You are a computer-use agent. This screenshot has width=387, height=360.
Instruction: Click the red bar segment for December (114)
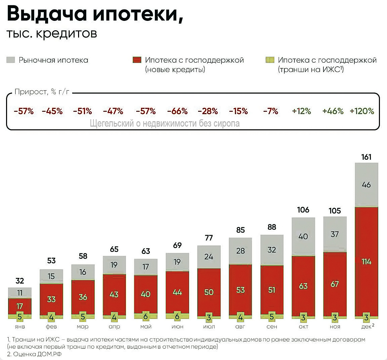pyautogui.click(x=366, y=261)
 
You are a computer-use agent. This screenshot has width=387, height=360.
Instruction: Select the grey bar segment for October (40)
pyautogui.click(x=303, y=236)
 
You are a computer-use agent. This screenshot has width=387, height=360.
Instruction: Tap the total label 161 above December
pyautogui.click(x=366, y=157)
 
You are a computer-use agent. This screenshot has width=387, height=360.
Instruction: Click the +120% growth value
pyautogui.click(x=362, y=111)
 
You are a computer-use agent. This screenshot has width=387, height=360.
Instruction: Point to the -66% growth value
pyautogui.click(x=177, y=111)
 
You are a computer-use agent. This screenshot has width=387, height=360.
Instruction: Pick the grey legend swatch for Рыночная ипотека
pyautogui.click(x=11, y=60)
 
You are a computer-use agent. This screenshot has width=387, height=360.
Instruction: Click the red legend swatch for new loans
pyautogui.click(x=137, y=60)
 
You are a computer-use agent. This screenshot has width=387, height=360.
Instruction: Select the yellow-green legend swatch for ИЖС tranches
pyautogui.click(x=270, y=60)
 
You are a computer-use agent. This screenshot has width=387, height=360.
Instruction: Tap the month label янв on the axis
pyautogui.click(x=20, y=327)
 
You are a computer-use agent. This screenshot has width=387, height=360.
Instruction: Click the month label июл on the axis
pyautogui.click(x=209, y=327)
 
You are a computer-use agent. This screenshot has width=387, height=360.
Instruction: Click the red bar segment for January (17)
pyautogui.click(x=20, y=306)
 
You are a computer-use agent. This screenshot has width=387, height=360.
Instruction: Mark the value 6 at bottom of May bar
pyautogui.click(x=145, y=317)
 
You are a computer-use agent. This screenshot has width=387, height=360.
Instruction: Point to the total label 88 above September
pyautogui.click(x=272, y=227)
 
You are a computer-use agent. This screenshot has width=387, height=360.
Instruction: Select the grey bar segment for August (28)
pyautogui.click(x=240, y=251)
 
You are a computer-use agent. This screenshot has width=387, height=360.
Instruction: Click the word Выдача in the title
pyautogui.click(x=47, y=14)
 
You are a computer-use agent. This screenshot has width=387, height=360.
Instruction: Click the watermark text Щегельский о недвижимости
pyautogui.click(x=165, y=124)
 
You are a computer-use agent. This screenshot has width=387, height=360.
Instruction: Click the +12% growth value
pyautogui.click(x=302, y=111)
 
